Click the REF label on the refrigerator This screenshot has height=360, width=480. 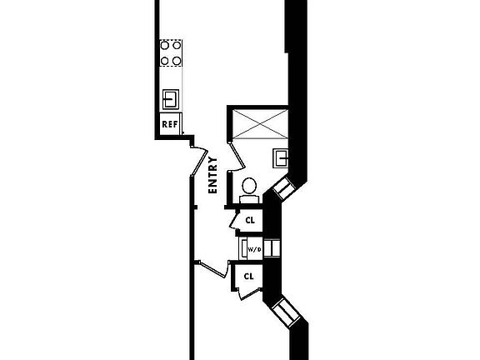(170, 124)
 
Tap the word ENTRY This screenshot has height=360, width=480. (212, 175)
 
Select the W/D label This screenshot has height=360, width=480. (254, 249)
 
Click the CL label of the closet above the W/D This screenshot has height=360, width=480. (250, 220)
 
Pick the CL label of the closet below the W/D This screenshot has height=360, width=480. (249, 277)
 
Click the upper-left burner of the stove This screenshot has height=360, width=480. (165, 46)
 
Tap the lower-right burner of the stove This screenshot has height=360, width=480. (177, 61)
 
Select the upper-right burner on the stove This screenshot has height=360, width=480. (177, 46)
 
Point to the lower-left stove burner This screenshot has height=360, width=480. (165, 61)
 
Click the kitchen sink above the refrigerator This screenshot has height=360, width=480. (171, 99)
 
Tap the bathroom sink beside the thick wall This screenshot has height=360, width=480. (280, 158)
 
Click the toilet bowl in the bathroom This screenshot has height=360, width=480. (249, 186)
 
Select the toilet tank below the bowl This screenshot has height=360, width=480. (249, 199)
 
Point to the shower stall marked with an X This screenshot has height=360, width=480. (260, 123)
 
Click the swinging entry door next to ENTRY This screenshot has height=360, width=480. (199, 162)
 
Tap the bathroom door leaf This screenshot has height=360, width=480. (237, 156)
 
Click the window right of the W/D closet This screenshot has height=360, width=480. (272, 248)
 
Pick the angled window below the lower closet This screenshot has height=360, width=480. (286, 312)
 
